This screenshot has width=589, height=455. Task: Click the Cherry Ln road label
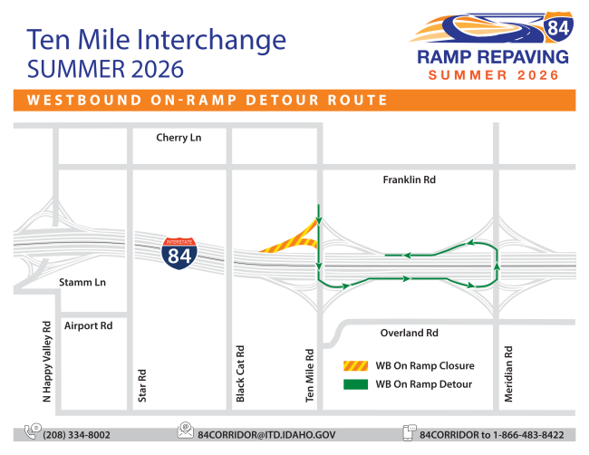click(x=179, y=138)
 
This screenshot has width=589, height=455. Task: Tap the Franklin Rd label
click(x=409, y=179)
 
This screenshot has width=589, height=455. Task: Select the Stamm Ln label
click(x=82, y=282)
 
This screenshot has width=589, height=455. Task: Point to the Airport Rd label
click(x=88, y=325)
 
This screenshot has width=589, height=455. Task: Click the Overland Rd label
click(x=409, y=333)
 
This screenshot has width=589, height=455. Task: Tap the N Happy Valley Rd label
click(x=46, y=362)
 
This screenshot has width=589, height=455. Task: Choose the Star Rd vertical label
click(x=142, y=386)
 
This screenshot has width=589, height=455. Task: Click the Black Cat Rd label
click(x=240, y=373)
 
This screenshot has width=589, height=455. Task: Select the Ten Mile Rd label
click(x=310, y=376)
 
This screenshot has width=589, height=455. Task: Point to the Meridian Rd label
click(x=508, y=374)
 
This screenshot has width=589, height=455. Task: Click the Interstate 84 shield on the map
click(x=179, y=253)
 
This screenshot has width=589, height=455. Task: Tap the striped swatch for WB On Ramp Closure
click(x=355, y=365)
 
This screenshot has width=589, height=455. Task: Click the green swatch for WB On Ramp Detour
click(x=355, y=384)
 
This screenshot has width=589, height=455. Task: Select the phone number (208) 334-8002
click(x=77, y=435)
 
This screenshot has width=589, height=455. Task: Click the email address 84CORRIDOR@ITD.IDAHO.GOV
click(x=266, y=435)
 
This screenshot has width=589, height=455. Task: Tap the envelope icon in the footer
click(x=186, y=431)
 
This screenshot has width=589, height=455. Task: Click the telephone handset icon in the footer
click(x=33, y=431)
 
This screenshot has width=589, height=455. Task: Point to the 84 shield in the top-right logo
click(x=558, y=26)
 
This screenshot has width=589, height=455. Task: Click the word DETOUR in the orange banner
click(x=282, y=101)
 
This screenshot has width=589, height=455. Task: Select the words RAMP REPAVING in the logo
click(x=493, y=57)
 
